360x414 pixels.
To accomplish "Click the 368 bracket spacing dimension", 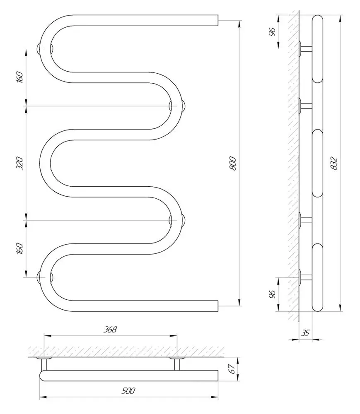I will click(111, 330).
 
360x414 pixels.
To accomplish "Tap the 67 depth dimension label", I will click(233, 367).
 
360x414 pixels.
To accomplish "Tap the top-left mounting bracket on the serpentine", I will click(41, 48).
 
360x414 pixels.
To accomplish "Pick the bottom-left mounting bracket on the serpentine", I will click(41, 277).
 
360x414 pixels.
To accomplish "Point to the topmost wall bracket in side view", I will click(306, 48).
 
